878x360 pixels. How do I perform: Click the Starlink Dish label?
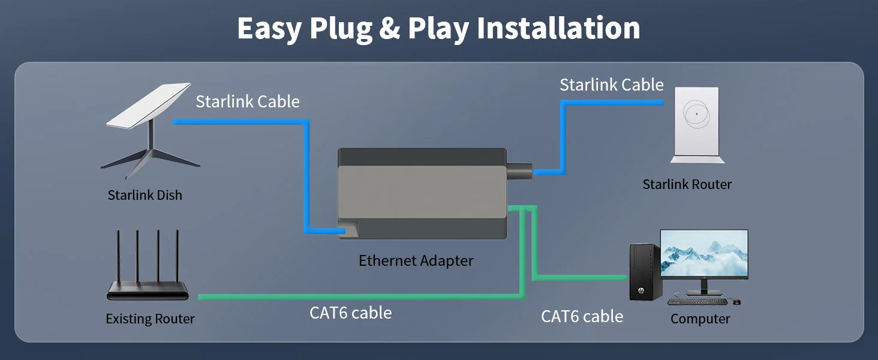(145, 195)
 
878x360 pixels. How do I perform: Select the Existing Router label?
(150, 319)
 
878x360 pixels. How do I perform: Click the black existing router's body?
(148, 293)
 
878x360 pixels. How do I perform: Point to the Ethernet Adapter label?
(416, 261)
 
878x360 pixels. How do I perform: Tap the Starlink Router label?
(687, 184)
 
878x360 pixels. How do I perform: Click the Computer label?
(700, 319)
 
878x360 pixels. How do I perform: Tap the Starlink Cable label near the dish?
(247, 101)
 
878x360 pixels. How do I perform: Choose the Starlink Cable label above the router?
(611, 85)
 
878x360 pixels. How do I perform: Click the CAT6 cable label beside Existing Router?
(350, 313)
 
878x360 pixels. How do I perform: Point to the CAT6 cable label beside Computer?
(582, 316)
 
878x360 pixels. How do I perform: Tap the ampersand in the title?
(390, 28)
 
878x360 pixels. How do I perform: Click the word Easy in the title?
(269, 28)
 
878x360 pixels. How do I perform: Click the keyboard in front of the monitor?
(697, 301)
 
